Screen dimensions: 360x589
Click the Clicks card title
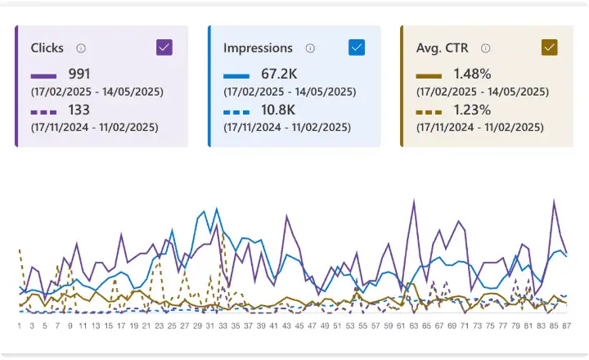[47, 48]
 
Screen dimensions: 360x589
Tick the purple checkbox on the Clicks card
[164, 47]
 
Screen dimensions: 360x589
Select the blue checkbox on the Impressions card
[357, 47]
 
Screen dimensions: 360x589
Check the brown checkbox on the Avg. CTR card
[549, 47]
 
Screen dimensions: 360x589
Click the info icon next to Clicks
[81, 48]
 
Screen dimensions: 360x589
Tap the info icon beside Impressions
[310, 48]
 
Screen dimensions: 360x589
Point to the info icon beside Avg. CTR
[485, 48]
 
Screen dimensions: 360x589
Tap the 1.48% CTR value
[472, 74]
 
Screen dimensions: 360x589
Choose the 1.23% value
[472, 110]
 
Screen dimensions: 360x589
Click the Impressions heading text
[258, 48]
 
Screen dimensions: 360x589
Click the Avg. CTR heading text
[443, 48]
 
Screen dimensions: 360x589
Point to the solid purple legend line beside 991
[43, 75]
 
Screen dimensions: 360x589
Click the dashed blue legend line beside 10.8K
[236, 111]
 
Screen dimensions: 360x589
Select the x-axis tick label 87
[565, 325]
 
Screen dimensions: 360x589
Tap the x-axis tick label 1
[19, 325]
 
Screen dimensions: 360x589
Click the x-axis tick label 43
[286, 325]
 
